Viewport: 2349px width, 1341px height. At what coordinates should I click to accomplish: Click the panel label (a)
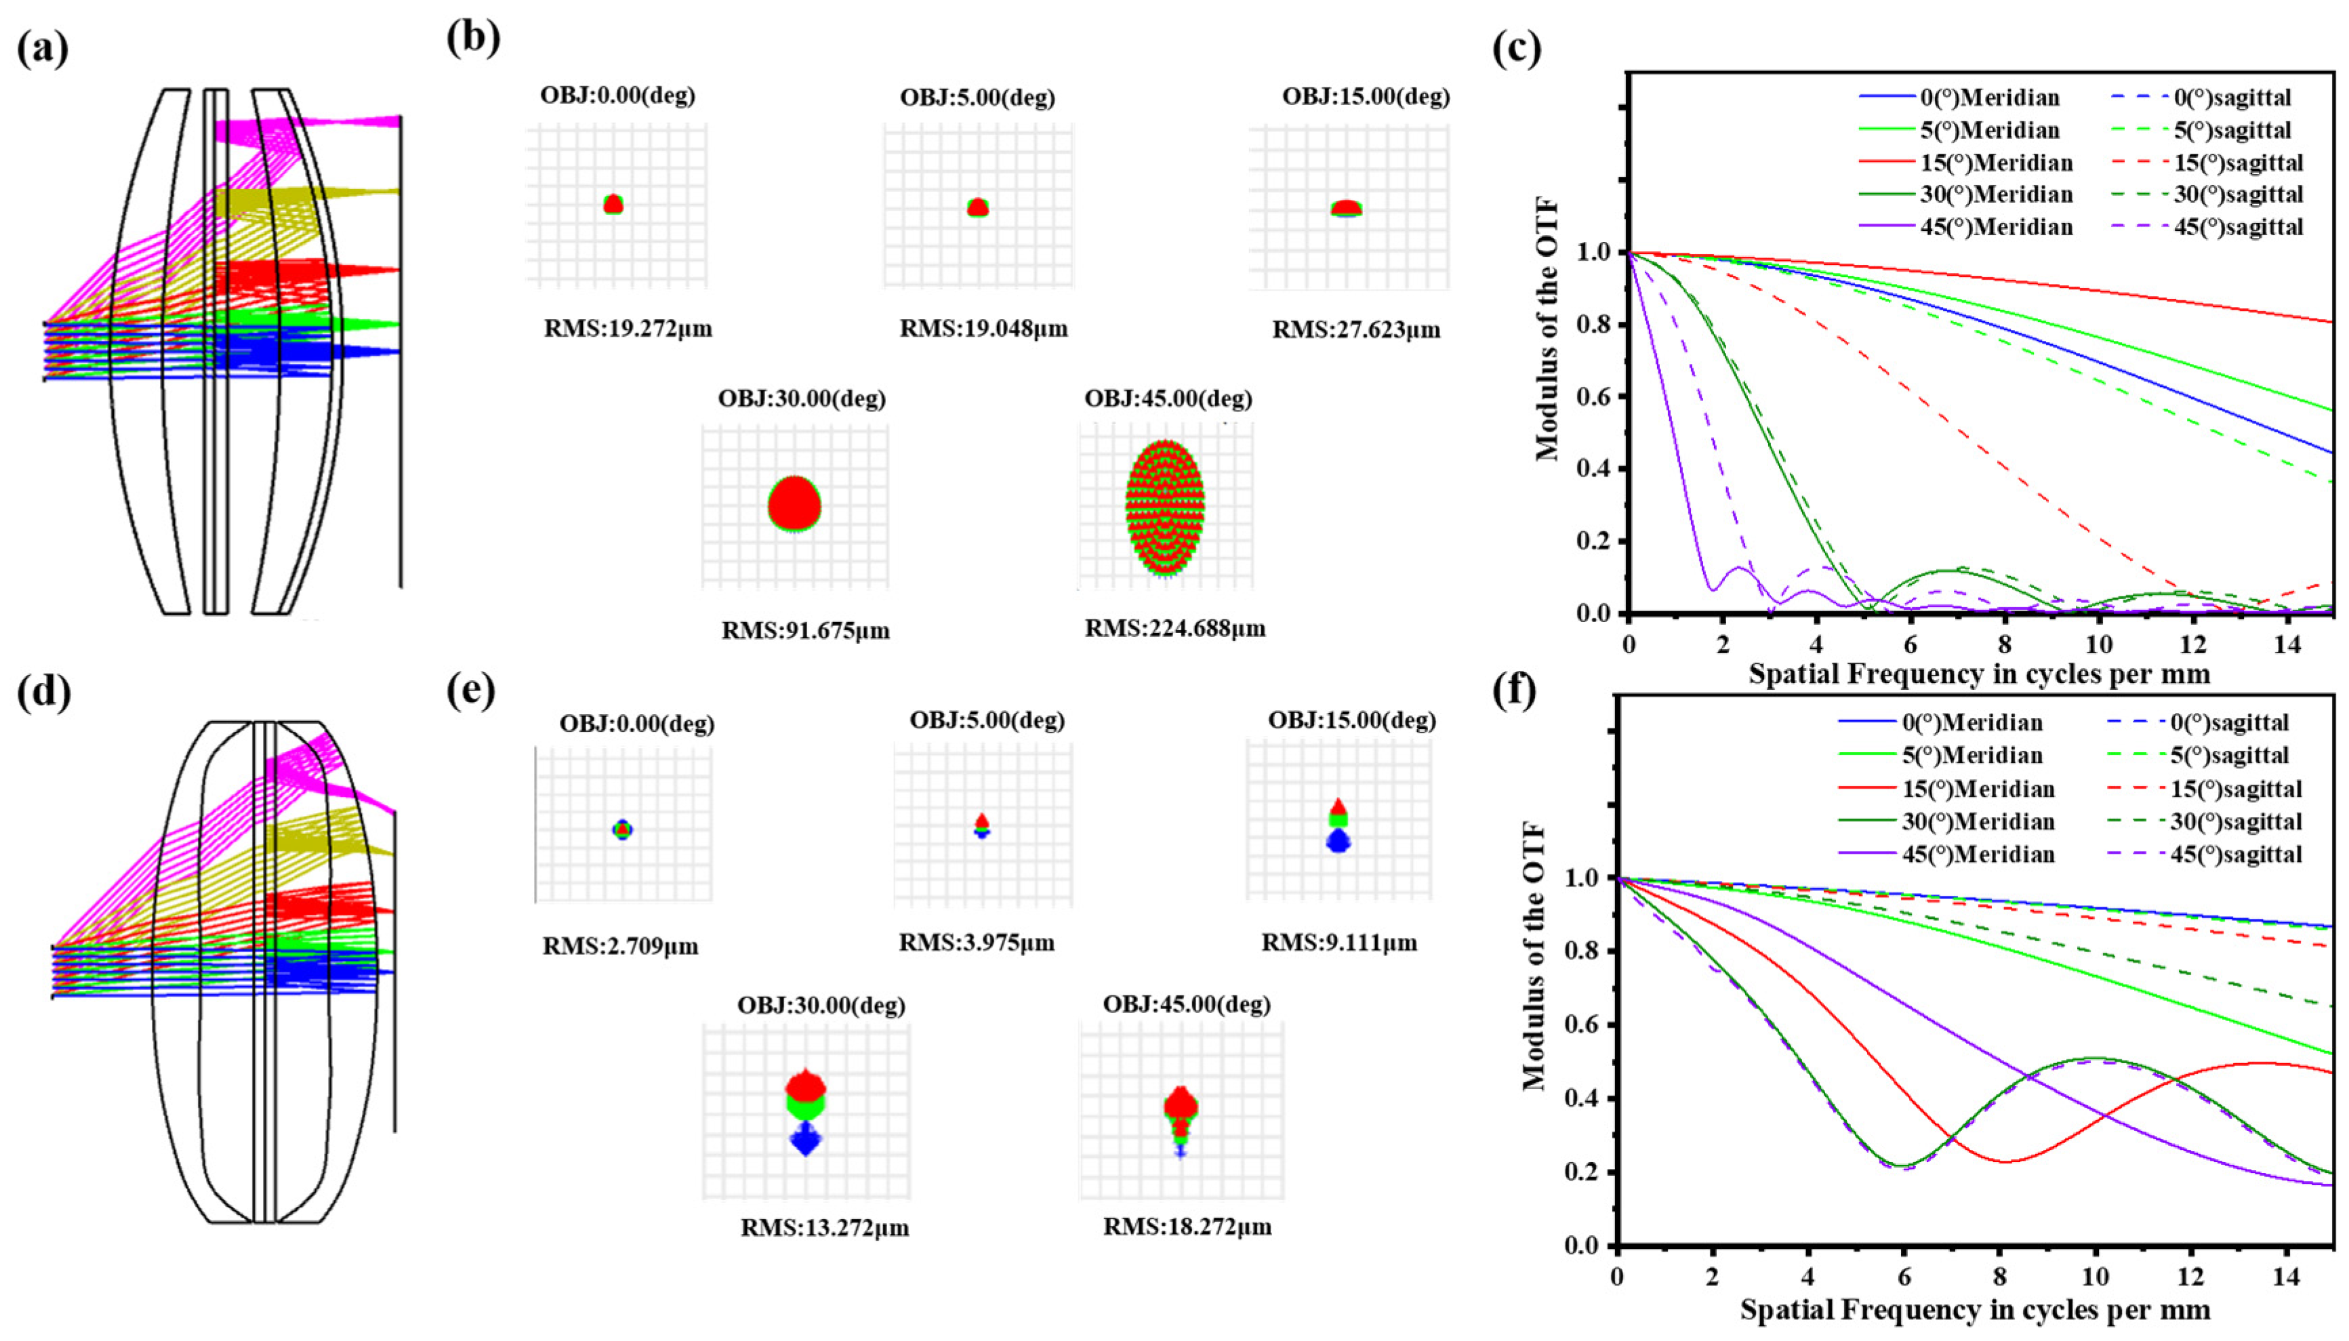click(43, 49)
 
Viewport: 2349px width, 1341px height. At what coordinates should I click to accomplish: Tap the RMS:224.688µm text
click(1174, 629)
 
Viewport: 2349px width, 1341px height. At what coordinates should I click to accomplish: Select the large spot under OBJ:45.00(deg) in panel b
click(1165, 508)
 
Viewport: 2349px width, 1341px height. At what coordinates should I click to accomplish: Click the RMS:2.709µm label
click(620, 946)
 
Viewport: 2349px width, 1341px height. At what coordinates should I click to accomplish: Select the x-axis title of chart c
click(1979, 674)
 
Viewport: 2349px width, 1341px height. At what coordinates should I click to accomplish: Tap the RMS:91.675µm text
click(805, 632)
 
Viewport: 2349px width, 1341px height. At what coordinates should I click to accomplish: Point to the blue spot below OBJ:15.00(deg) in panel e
click(1338, 841)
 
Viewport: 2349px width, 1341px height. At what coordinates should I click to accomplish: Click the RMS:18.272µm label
click(1187, 1226)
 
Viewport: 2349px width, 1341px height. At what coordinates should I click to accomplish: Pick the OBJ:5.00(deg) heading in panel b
click(977, 98)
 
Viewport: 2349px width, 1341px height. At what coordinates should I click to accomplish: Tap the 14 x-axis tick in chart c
click(2287, 644)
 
